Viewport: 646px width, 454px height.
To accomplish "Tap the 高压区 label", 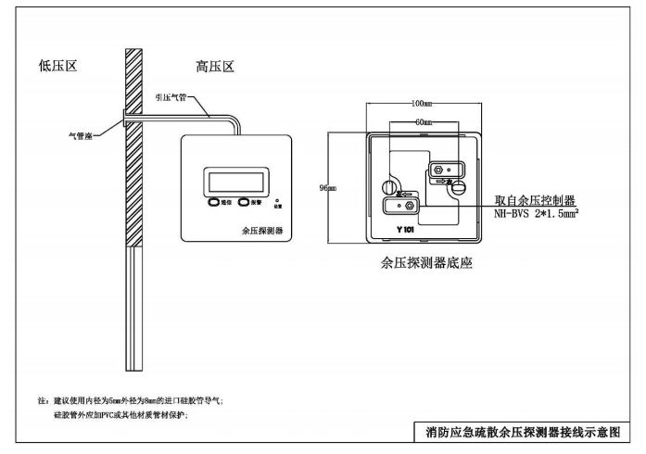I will point(214,68).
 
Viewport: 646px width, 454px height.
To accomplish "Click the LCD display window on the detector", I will point(238,178).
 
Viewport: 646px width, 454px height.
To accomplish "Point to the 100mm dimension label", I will point(423,104).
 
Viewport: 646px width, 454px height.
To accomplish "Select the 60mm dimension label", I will point(423,122).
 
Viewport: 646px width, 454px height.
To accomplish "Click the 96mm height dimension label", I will point(327,188).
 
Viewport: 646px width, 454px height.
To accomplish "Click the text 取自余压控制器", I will point(535,199).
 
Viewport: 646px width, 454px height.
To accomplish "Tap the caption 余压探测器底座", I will point(427,263).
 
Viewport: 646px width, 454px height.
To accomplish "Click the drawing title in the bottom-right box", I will point(522,431).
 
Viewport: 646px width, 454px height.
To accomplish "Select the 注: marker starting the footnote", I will point(42,400).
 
